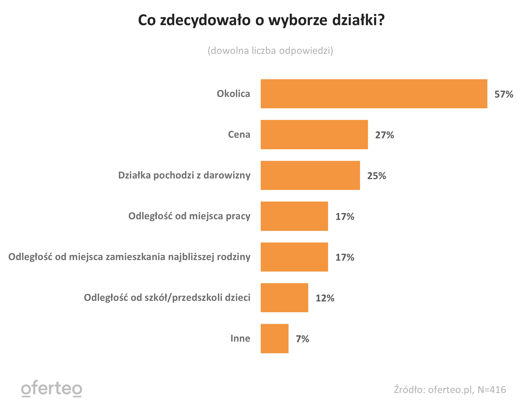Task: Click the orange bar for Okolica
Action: [374, 94]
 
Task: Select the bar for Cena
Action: [314, 134]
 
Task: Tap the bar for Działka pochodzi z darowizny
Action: [310, 175]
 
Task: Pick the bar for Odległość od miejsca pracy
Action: [294, 216]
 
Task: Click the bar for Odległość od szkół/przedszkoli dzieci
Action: [284, 298]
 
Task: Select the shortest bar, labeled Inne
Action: [274, 338]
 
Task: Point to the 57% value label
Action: [504, 94]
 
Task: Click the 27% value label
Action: [384, 135]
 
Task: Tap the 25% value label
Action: [376, 176]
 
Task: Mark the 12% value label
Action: [325, 298]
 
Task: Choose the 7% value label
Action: [302, 339]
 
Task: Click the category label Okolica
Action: [233, 94]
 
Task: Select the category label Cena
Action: [239, 134]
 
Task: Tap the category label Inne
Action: [240, 338]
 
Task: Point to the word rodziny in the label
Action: [234, 257]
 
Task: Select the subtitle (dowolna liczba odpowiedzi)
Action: [270, 50]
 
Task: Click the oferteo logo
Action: [52, 389]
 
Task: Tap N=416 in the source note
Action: [492, 390]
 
